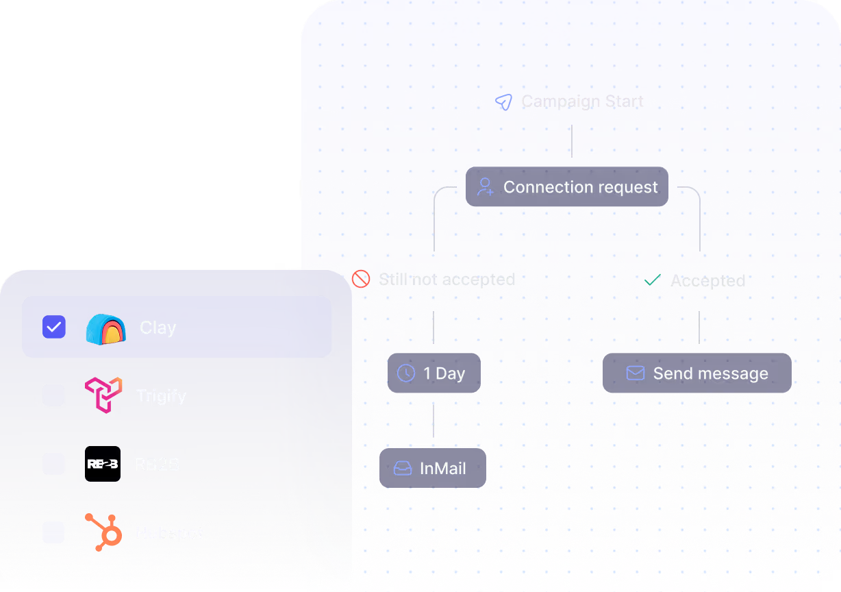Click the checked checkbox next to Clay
point(54,327)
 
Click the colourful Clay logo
point(105,328)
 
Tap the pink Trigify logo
point(103,395)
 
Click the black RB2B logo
point(103,464)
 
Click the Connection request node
point(566,187)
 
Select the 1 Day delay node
point(434,373)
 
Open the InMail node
point(433,469)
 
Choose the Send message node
point(696,373)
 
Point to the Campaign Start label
point(582,101)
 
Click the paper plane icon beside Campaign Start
point(503,103)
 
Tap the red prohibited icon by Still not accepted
point(361,279)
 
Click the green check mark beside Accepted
point(653,280)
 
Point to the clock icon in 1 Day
point(406,373)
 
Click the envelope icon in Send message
point(636,373)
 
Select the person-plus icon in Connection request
point(486,187)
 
